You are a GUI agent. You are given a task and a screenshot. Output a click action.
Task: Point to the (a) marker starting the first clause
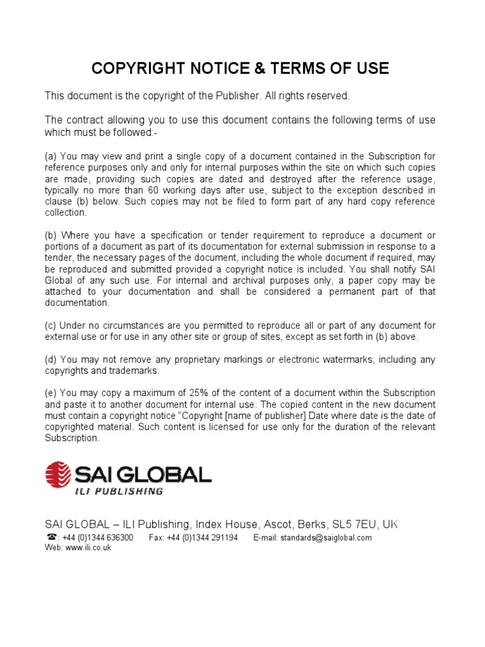coord(50,156)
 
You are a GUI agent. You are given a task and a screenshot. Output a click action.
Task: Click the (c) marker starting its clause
coord(50,325)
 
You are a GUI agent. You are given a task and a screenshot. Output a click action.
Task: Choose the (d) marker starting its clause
coord(50,360)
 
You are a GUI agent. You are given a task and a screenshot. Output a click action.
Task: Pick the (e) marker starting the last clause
coord(50,393)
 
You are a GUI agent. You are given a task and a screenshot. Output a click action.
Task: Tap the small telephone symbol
coord(51,538)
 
